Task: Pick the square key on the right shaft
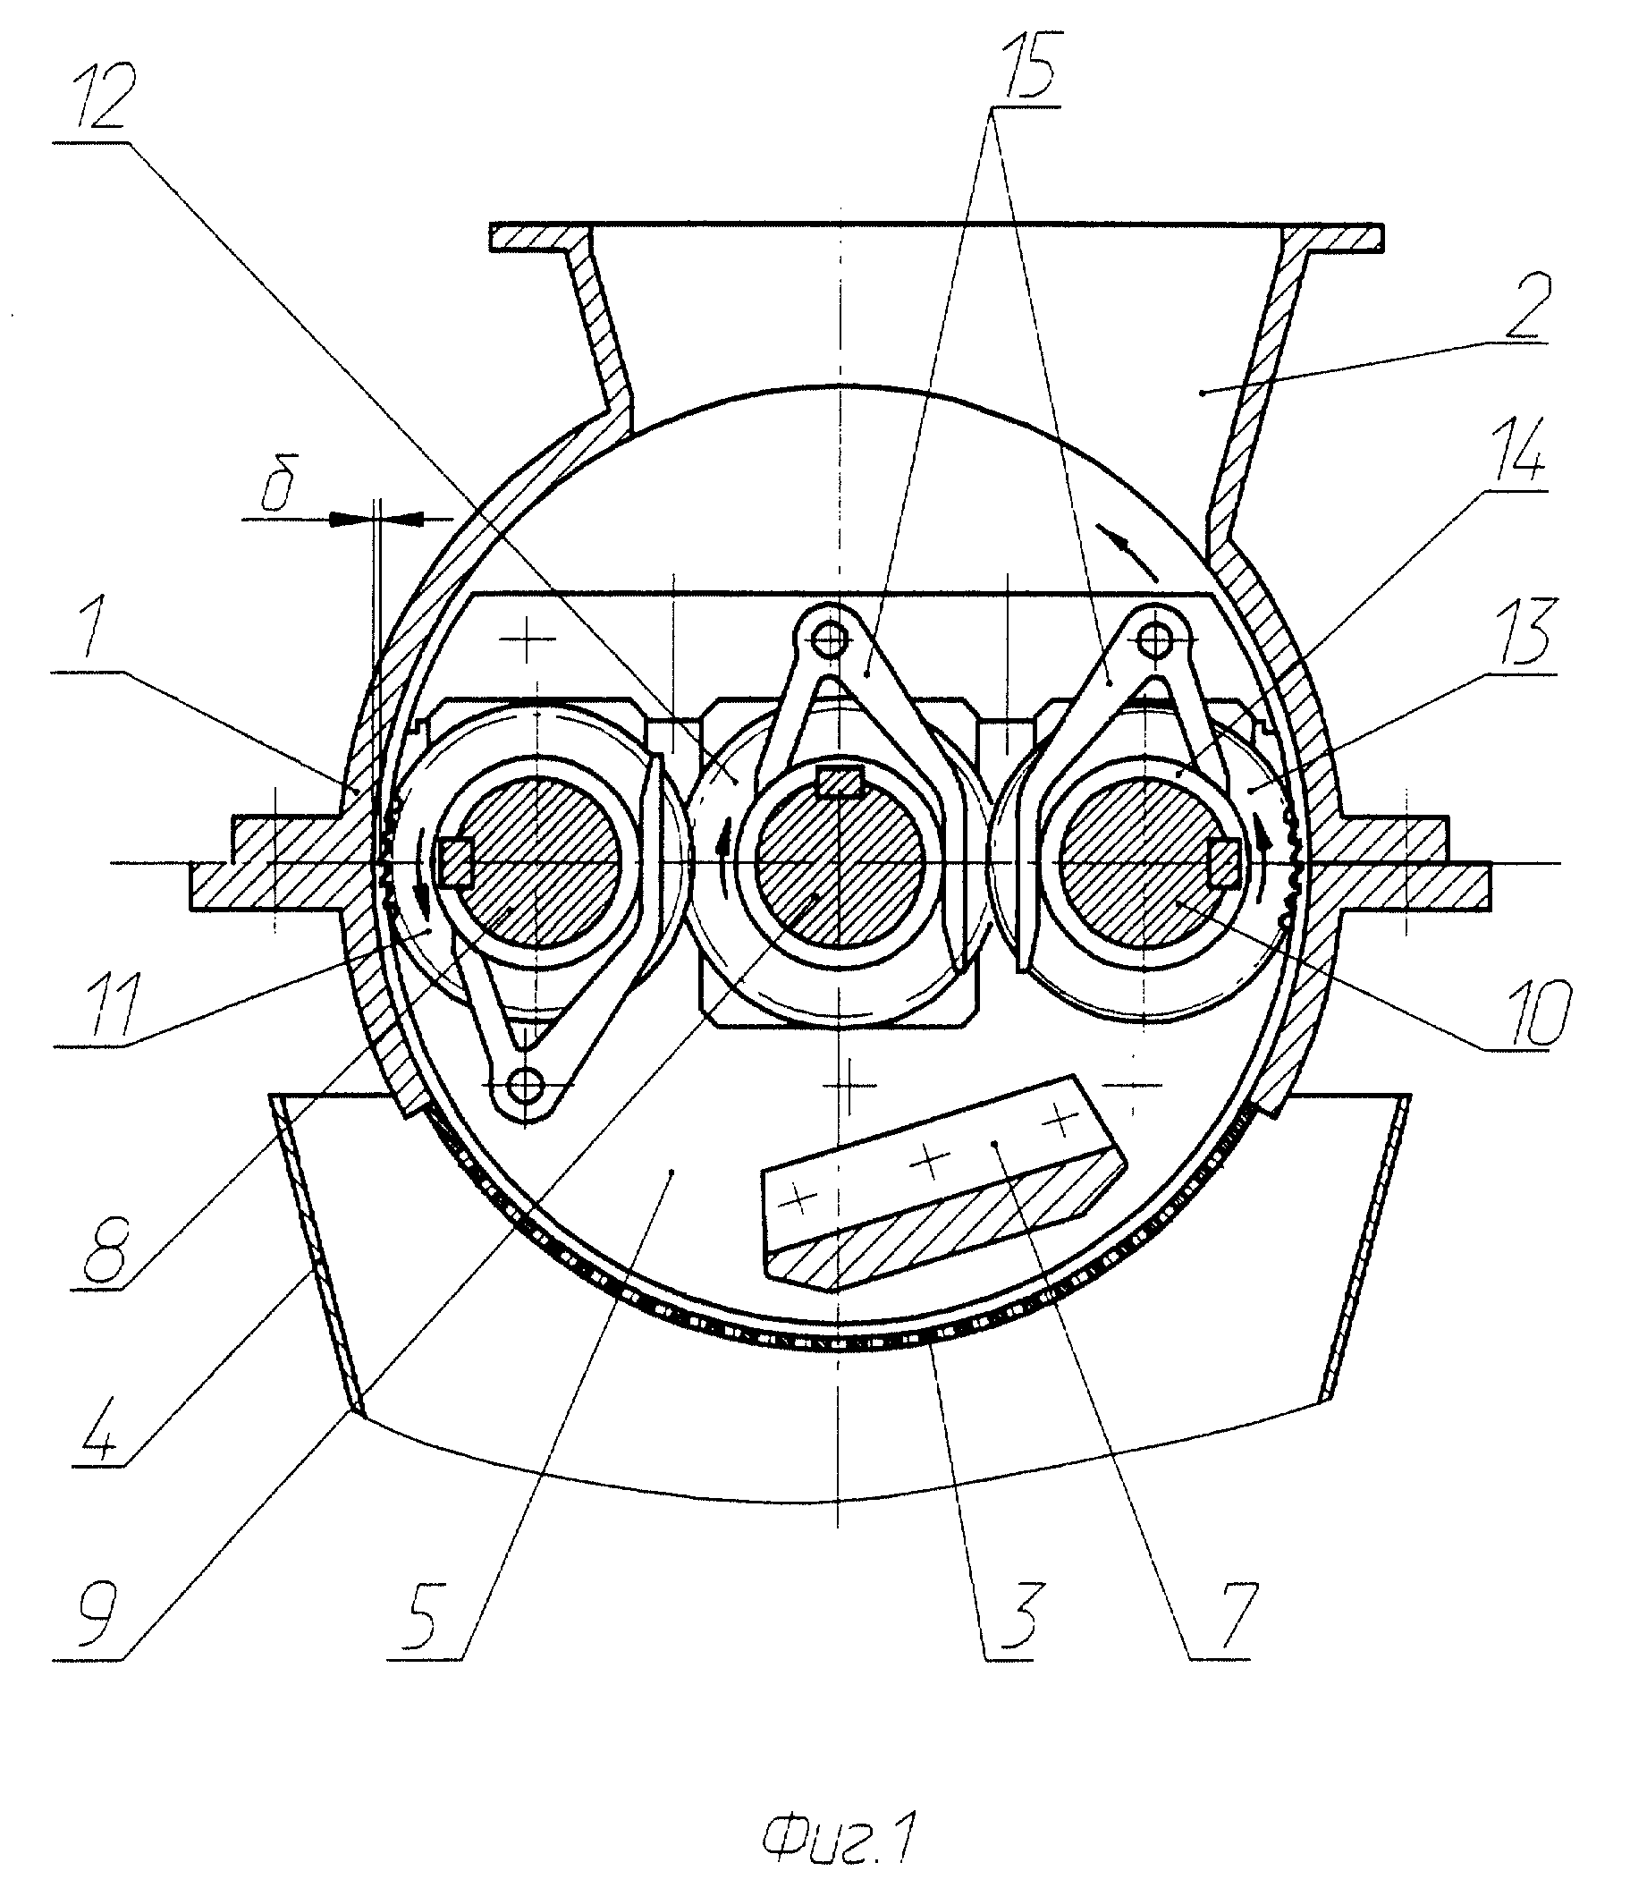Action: [1224, 862]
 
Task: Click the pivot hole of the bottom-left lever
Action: [526, 1083]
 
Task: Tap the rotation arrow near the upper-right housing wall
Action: [1127, 551]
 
